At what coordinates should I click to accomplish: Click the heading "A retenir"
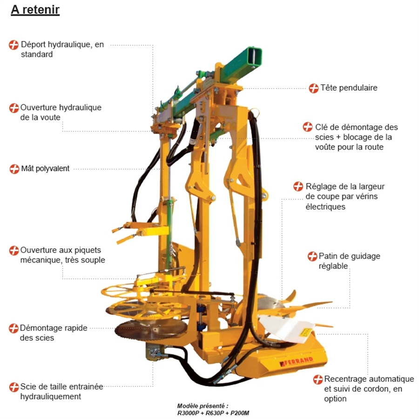click(35, 10)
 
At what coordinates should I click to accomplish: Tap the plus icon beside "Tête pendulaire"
click(314, 88)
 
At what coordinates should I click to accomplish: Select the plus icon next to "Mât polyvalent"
click(14, 169)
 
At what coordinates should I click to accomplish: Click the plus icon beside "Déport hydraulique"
click(14, 45)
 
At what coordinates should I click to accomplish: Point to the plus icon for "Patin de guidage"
click(312, 257)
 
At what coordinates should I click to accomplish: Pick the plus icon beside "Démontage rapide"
click(14, 328)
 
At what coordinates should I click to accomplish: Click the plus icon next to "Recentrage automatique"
click(318, 379)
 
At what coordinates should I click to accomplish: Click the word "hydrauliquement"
click(50, 397)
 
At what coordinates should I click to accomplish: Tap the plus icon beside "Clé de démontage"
click(308, 127)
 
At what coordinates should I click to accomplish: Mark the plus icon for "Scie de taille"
click(14, 387)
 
